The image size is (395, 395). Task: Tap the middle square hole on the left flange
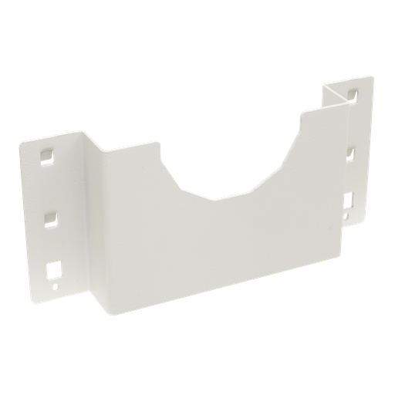pyautogui.click(x=50, y=217)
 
